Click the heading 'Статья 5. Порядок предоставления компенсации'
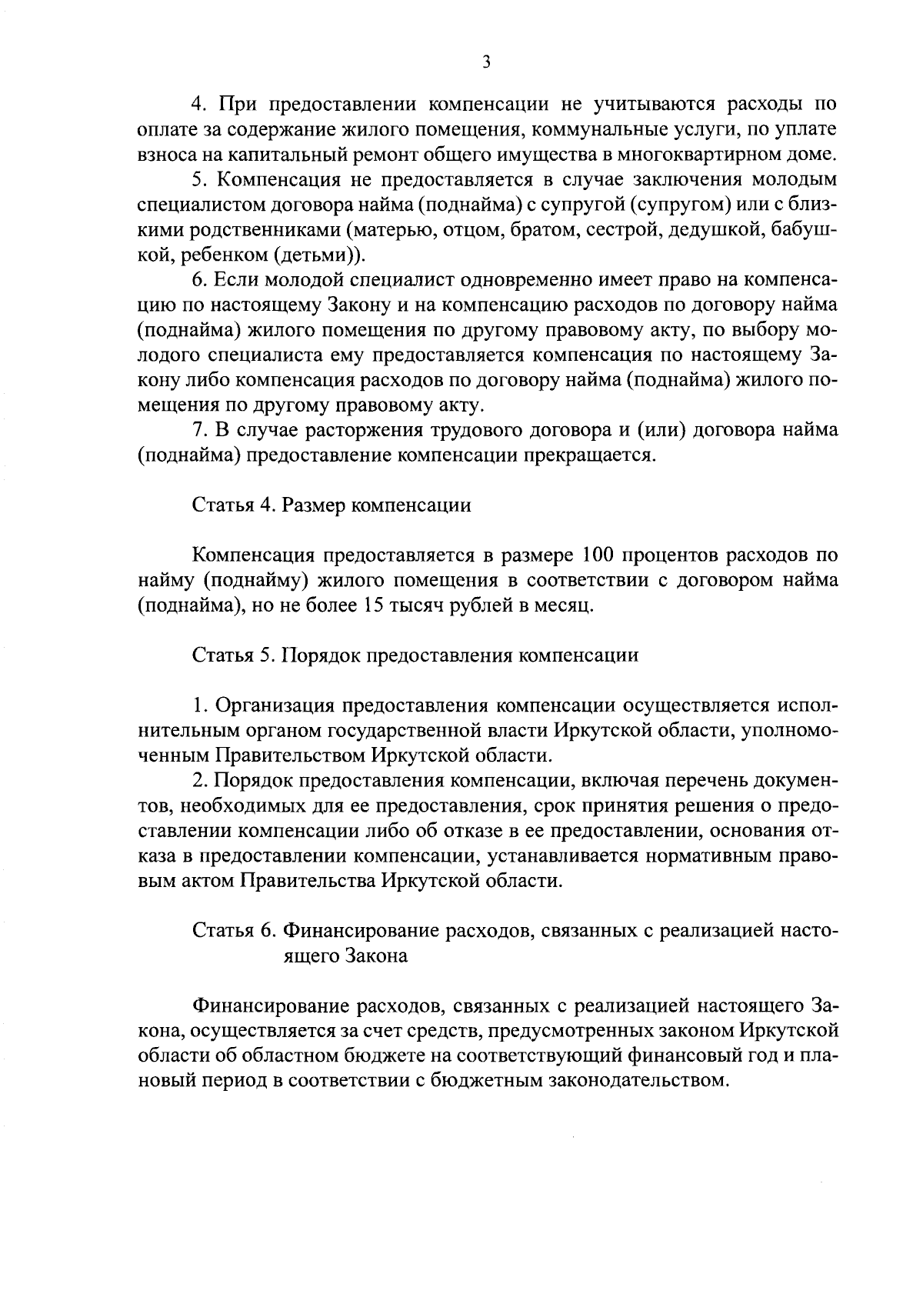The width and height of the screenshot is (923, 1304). pos(415,655)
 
